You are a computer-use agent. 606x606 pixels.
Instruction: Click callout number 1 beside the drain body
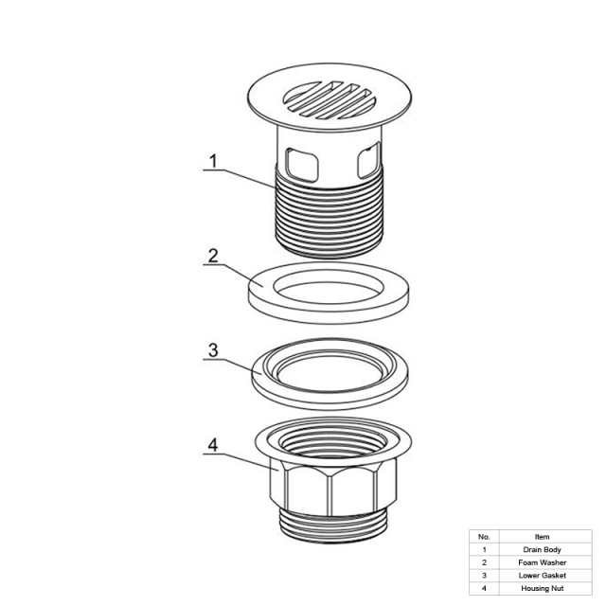(x=213, y=161)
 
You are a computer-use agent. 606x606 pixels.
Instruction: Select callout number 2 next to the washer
(x=213, y=256)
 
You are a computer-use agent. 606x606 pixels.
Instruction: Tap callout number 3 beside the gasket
(x=213, y=350)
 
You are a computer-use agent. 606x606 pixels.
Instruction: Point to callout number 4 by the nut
(x=213, y=445)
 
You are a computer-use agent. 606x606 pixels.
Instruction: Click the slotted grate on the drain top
(x=330, y=99)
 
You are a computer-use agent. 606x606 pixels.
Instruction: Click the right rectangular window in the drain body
(x=369, y=160)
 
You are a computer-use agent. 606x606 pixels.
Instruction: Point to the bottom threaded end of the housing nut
(x=332, y=527)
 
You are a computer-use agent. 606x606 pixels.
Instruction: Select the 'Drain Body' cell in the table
(x=542, y=549)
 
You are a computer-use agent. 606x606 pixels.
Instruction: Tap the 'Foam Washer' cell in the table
(x=542, y=562)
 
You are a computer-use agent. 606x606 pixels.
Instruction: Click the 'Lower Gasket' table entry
(x=542, y=576)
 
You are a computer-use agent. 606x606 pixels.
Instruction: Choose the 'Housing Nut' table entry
(x=542, y=588)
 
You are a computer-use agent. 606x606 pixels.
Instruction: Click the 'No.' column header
(x=484, y=537)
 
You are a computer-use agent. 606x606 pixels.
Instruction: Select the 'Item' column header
(x=542, y=537)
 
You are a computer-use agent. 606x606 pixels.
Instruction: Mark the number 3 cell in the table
(x=484, y=576)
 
